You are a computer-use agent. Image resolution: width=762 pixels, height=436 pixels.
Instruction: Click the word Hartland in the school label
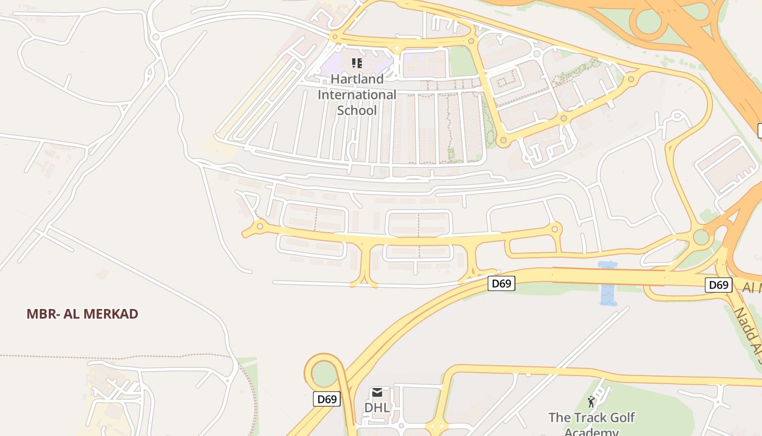(x=357, y=79)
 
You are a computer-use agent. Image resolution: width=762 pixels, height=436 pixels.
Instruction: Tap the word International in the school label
(x=357, y=95)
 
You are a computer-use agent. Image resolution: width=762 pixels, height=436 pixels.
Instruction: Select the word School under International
(x=357, y=110)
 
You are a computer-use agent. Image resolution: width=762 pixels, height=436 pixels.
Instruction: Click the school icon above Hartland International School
(x=357, y=63)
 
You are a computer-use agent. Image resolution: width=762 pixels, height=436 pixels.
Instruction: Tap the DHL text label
(x=377, y=408)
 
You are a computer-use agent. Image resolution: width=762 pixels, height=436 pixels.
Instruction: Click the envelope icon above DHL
(x=377, y=392)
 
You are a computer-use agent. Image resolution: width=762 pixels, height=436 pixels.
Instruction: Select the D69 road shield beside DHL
(x=327, y=399)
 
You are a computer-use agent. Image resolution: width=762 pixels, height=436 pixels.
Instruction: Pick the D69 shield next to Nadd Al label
(x=718, y=284)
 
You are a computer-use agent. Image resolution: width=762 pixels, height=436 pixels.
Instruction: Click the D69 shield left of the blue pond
(x=501, y=283)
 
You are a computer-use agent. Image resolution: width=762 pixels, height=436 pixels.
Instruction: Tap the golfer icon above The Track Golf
(x=591, y=402)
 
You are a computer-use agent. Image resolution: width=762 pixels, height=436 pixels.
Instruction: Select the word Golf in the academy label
(x=624, y=418)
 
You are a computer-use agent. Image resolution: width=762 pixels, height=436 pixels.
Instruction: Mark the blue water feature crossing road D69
(x=607, y=283)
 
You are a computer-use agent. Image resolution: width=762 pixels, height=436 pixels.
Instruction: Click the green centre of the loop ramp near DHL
(x=324, y=374)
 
